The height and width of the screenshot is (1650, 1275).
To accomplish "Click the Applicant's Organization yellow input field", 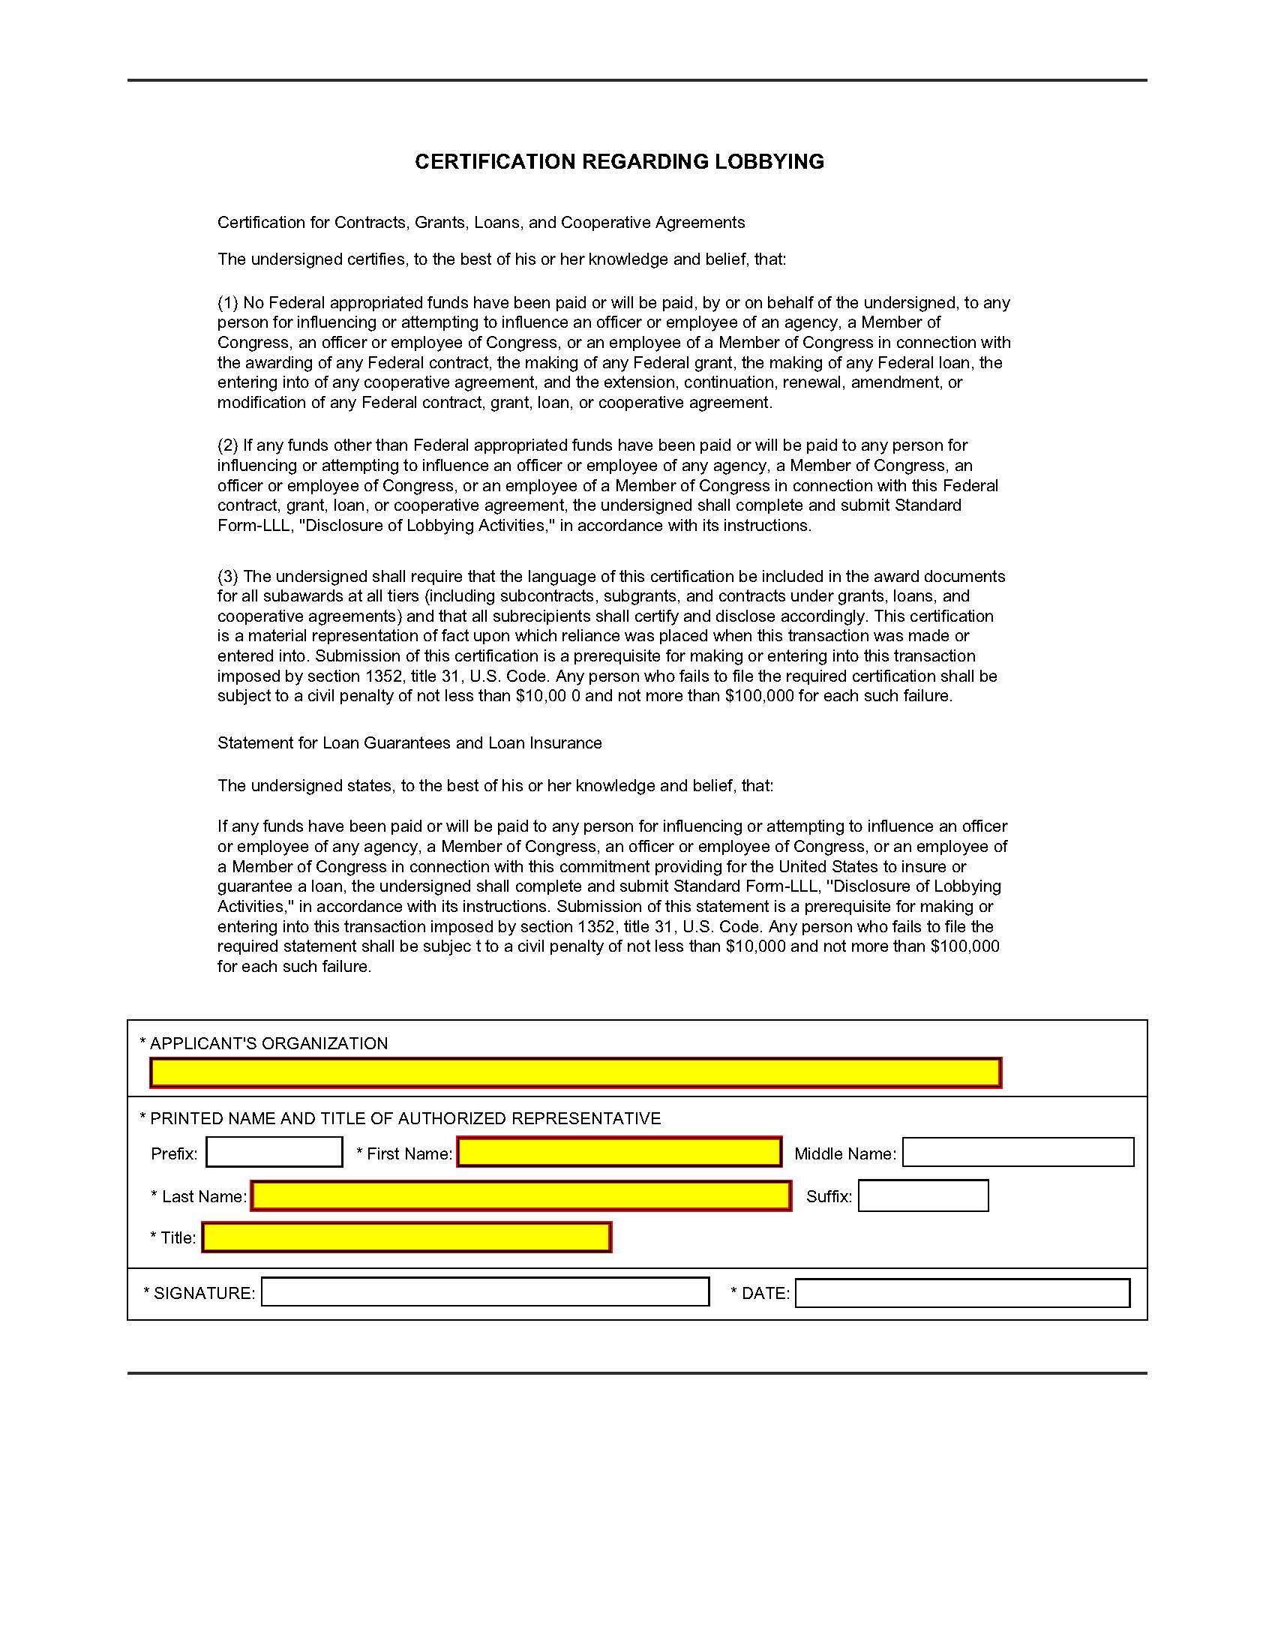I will pos(575,1072).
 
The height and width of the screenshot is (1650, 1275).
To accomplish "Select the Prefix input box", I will pos(274,1152).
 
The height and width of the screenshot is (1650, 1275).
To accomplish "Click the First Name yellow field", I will pos(619,1152).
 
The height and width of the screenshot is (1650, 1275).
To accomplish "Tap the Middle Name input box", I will pos(1018,1152).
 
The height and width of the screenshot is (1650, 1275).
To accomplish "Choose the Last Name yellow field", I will pos(521,1196).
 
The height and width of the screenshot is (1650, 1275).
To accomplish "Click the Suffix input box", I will pos(923,1196).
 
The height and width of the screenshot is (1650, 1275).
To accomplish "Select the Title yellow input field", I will pos(406,1237).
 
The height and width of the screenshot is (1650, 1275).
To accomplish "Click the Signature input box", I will pos(485,1292).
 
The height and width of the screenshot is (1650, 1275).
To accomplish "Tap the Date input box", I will pos(962,1293).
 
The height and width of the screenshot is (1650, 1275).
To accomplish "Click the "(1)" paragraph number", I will pos(227,303).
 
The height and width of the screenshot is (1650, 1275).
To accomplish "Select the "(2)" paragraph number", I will pos(227,445).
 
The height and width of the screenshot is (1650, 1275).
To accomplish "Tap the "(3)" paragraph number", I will pos(227,577).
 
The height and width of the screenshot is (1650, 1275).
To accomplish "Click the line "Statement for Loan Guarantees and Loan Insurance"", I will pos(409,742).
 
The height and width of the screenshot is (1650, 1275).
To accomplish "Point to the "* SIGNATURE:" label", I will pos(199,1294).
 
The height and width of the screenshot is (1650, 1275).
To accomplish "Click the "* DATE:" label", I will pos(760,1294).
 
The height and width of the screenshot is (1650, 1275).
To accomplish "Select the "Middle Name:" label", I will pos(845,1153).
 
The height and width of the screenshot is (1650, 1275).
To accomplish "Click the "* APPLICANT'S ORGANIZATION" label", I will pos(263,1043).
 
